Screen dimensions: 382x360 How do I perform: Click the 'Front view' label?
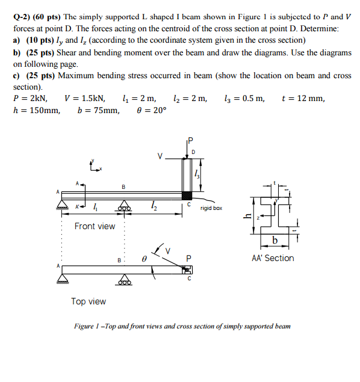pos(95,226)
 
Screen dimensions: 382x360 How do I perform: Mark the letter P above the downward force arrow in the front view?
pos(191,141)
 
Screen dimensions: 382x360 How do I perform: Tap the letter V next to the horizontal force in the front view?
pos(160,156)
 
